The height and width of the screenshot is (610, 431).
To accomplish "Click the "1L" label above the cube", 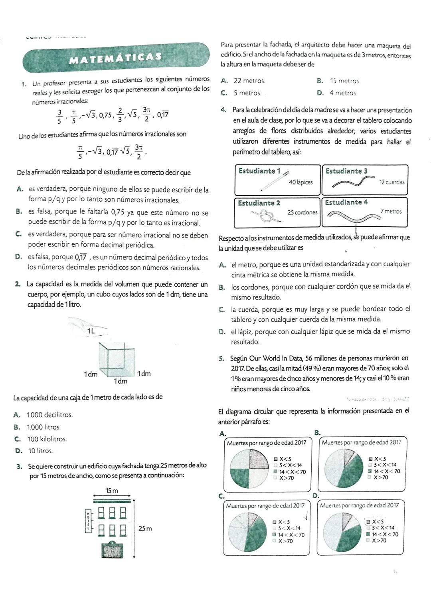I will (91, 331).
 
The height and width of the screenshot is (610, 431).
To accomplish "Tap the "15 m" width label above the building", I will (112, 491).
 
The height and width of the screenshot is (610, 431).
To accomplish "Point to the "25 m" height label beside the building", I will (145, 529).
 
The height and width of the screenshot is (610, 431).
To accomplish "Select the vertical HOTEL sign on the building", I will (88, 521).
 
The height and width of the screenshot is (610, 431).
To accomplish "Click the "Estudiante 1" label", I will (259, 171).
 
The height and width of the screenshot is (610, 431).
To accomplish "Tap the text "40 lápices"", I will (301, 182).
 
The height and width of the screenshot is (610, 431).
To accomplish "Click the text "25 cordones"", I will (302, 212).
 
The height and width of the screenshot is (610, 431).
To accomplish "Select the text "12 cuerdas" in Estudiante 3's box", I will (391, 182).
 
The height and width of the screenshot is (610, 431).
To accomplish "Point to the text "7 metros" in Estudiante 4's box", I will (391, 212).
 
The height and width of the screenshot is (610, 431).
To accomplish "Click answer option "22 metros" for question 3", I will (249, 81).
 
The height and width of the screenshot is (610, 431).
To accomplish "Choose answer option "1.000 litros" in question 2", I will (43, 427).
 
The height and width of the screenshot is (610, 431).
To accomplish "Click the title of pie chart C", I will (265, 506).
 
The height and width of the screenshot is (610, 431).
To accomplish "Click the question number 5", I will (221, 358).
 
